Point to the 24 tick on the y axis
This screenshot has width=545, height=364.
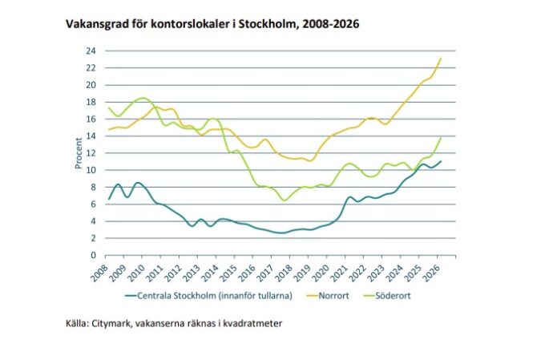(91, 51)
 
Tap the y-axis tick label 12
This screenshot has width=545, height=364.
(91, 153)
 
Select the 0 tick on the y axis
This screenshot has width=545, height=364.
(93, 255)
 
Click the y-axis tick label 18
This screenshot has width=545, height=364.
(91, 103)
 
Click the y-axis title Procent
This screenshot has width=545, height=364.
(79, 153)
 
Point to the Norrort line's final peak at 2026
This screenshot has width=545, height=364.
(441, 59)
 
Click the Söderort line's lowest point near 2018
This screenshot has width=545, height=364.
(285, 200)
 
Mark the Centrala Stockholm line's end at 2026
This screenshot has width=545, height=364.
(441, 161)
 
